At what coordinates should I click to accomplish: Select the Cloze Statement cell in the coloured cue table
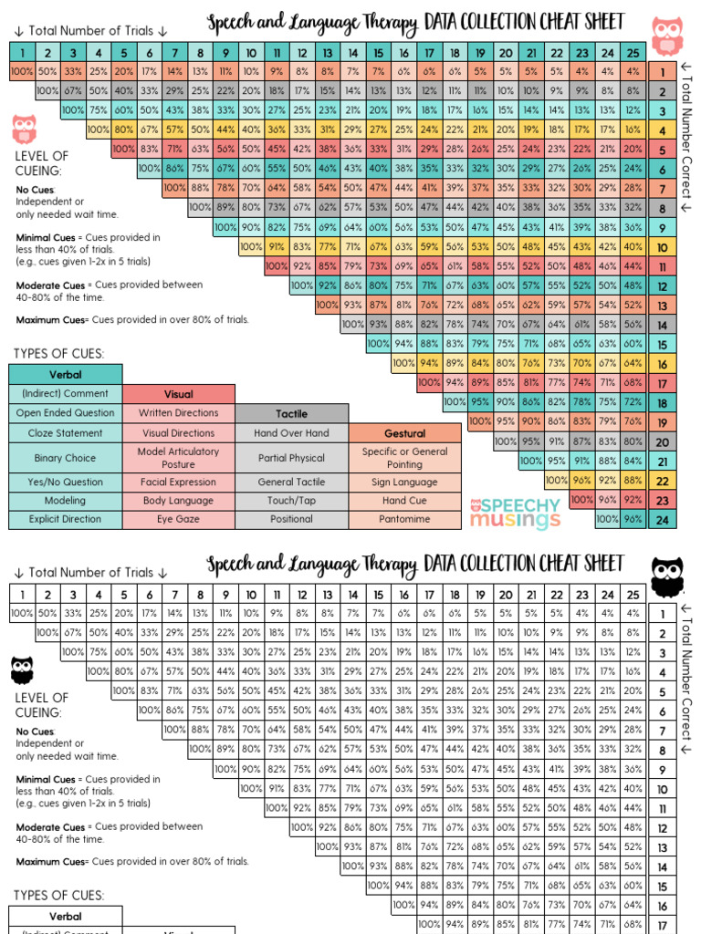(65, 433)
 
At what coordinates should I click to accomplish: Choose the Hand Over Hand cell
(291, 433)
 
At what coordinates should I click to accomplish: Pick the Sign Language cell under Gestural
(404, 483)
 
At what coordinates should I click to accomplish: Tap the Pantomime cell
(404, 519)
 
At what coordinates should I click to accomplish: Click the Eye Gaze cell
(179, 519)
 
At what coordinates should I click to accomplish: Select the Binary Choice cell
(65, 458)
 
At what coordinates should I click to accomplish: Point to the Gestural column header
(404, 433)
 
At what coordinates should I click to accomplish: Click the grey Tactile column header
(291, 413)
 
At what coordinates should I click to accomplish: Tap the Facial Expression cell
(179, 483)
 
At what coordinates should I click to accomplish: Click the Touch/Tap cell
(291, 501)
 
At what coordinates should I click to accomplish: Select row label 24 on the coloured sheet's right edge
(662, 520)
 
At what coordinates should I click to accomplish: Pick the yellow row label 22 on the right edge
(662, 481)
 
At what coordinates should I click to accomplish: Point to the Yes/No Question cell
(65, 483)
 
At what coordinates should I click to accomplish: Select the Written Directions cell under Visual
(179, 413)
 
